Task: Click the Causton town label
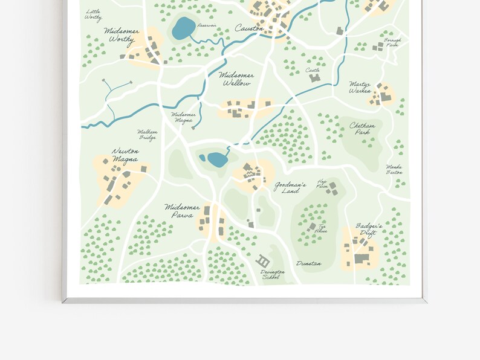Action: pos(249,28)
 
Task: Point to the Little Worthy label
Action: pos(93,14)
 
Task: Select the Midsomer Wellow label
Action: pos(236,79)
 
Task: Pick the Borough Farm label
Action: pos(392,42)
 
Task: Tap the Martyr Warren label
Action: pos(360,88)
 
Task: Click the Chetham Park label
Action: pos(362,129)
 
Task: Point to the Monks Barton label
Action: pos(395,169)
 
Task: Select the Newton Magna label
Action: pos(125,155)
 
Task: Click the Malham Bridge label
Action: pos(148,134)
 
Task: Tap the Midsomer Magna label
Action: pos(182,117)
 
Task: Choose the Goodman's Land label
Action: pos(290,187)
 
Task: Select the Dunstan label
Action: pos(308,264)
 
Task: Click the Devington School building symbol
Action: pos(263,261)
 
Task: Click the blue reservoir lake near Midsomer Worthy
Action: pos(183,28)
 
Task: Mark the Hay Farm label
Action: pos(322,184)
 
